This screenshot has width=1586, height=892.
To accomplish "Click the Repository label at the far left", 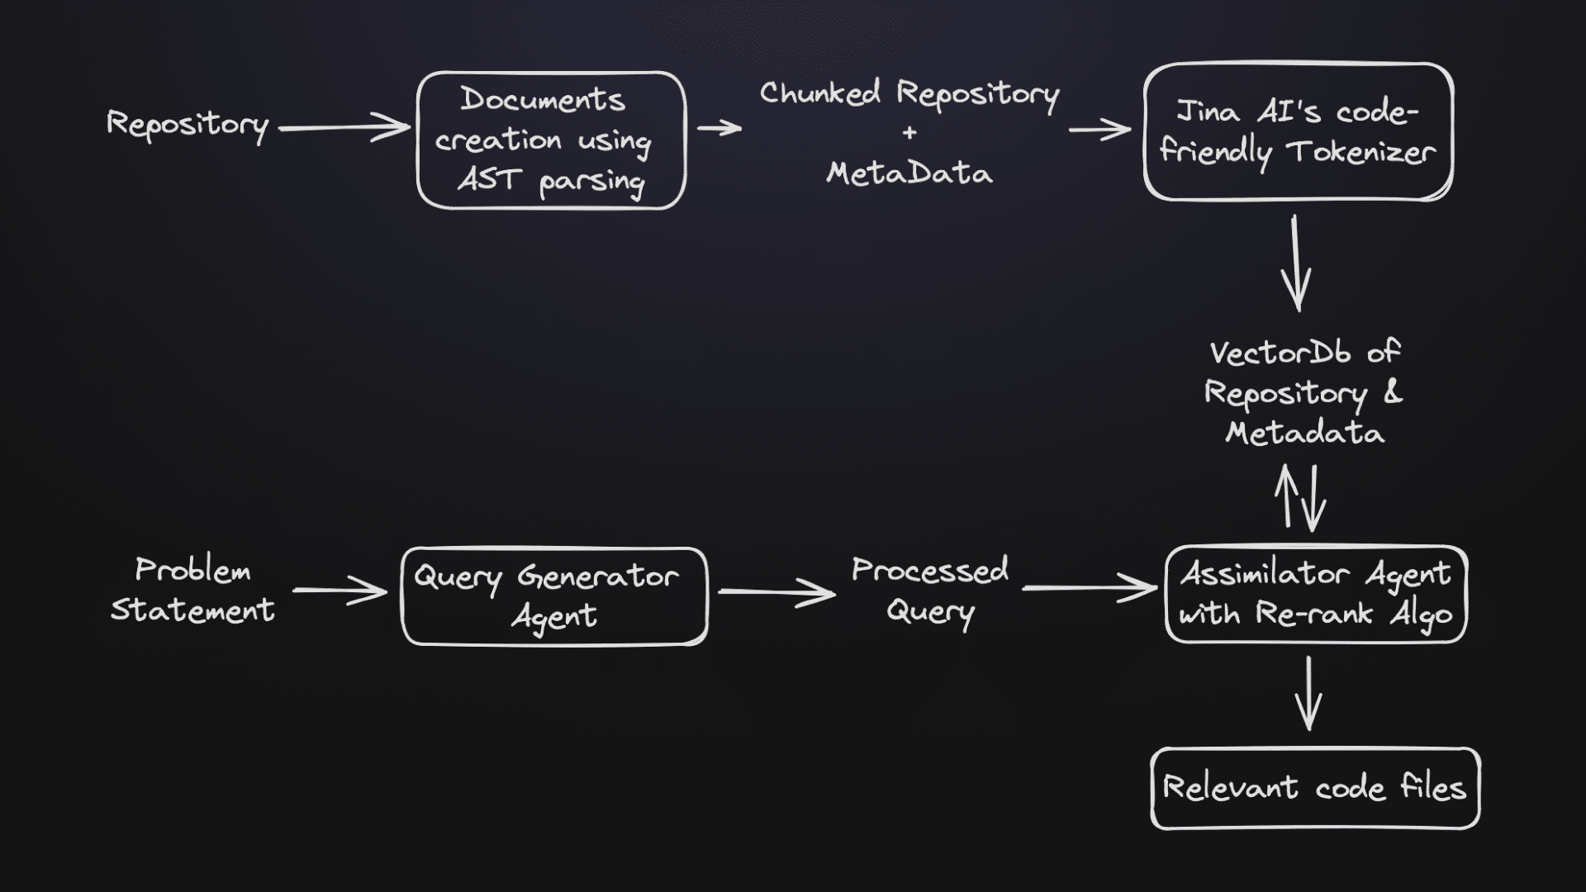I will (x=188, y=126).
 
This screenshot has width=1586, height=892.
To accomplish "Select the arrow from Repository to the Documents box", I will (x=344, y=128).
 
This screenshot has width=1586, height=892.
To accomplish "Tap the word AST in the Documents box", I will (x=489, y=179).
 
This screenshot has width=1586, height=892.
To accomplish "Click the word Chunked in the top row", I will (x=819, y=93).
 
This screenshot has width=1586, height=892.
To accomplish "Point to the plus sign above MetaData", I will (x=909, y=133).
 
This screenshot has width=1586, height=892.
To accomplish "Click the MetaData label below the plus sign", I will (x=909, y=173).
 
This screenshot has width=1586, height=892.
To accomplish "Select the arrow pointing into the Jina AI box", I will (x=1099, y=130).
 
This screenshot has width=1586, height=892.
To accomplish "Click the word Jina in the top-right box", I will (x=1207, y=112).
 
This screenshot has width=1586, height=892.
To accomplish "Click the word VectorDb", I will (x=1280, y=353).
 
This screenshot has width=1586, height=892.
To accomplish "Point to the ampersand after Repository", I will (x=1393, y=392).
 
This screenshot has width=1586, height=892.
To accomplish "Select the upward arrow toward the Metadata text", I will (x=1287, y=496).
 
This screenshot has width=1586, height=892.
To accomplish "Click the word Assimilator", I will (x=1264, y=574).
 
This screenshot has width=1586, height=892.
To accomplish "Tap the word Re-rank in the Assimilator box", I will (x=1314, y=614).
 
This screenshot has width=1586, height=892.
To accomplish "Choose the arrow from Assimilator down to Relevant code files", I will (x=1308, y=694).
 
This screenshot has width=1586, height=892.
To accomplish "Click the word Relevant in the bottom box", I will (x=1230, y=788).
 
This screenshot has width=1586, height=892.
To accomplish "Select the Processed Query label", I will (x=930, y=591).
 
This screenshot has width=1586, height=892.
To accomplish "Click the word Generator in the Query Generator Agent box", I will (x=597, y=576).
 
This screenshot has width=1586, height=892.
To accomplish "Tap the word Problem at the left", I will (x=192, y=571).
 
